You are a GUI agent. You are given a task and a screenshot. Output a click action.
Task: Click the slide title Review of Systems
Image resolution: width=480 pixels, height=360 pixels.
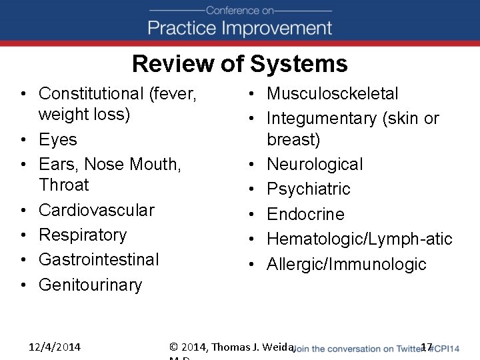click(239, 64)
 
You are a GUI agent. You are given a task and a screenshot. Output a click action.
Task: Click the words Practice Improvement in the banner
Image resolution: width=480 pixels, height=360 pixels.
click(239, 28)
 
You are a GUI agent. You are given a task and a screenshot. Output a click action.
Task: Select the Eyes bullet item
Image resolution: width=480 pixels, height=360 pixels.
click(58, 140)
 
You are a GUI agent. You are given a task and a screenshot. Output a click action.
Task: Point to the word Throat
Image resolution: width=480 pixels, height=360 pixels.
click(63, 185)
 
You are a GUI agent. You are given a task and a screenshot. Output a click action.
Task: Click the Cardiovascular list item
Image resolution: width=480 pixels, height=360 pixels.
click(96, 210)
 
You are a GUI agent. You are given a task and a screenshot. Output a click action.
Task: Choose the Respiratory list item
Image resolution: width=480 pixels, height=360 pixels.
click(83, 235)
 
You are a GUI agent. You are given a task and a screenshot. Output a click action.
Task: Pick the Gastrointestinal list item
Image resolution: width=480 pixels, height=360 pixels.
click(99, 259)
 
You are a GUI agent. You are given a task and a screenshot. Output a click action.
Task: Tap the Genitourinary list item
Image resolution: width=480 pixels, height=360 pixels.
click(90, 285)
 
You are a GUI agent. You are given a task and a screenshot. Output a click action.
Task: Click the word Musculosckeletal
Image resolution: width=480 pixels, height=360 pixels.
click(332, 94)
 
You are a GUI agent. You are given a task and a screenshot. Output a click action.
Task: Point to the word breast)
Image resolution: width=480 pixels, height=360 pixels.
click(293, 140)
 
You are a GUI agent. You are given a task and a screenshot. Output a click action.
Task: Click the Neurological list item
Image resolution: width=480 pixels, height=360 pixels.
click(315, 165)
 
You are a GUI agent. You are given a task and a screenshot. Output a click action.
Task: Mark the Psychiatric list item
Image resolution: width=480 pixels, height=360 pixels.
click(308, 189)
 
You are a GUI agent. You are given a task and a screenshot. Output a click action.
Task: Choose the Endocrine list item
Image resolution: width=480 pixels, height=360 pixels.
click(305, 215)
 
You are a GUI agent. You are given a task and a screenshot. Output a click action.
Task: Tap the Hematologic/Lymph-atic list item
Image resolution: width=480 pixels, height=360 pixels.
click(359, 239)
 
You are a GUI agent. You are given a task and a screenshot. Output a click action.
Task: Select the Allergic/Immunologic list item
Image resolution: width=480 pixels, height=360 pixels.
click(346, 264)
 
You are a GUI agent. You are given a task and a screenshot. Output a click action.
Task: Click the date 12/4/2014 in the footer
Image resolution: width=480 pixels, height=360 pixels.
click(55, 347)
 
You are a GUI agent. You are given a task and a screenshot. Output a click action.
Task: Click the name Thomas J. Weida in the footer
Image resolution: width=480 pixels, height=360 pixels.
click(254, 347)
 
